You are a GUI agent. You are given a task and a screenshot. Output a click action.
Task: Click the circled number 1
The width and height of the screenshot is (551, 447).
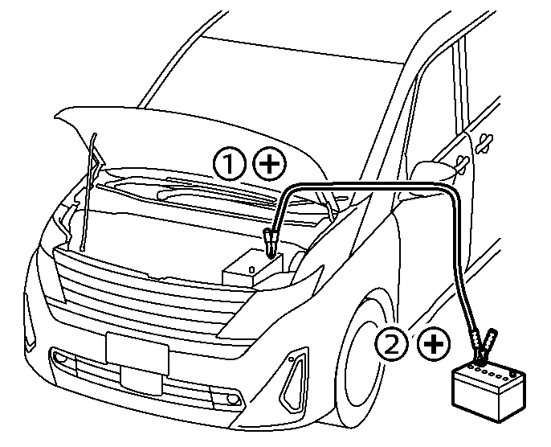coord(231,164)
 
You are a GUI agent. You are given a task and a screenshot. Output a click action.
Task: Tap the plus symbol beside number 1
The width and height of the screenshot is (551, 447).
coord(270,164)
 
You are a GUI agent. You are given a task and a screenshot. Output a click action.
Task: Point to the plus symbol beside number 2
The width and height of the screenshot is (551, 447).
coord(433,344)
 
